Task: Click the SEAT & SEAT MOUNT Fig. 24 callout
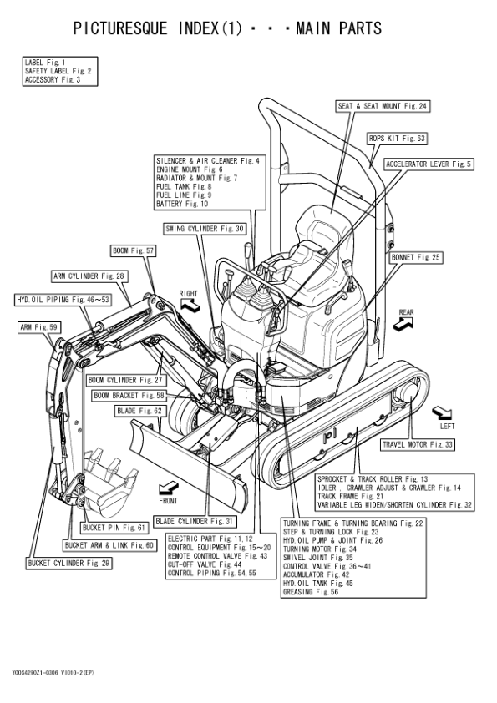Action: point(383,106)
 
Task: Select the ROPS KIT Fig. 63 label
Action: point(397,139)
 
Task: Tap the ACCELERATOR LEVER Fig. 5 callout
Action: point(429,164)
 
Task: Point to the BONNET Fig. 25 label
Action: point(416,258)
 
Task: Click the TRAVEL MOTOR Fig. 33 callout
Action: point(418,445)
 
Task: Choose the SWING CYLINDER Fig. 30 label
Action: point(205,229)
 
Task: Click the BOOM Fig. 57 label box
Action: point(133,251)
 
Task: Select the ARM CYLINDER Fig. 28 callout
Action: point(89,276)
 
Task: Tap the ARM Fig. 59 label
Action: point(39,328)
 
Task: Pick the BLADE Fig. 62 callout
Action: point(139,411)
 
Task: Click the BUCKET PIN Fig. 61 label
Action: point(114,528)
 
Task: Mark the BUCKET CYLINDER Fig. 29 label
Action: point(69,563)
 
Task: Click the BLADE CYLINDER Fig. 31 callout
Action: point(195,522)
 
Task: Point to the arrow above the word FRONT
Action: point(169,488)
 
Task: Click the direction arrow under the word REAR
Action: point(403,324)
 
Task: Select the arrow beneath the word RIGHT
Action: point(190,305)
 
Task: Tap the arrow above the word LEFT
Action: point(442,413)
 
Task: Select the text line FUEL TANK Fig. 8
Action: point(184,186)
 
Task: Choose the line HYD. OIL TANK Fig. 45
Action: point(318,584)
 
